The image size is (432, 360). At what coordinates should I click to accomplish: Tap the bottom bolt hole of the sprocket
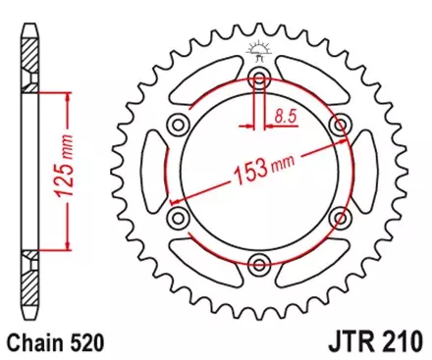(259, 260)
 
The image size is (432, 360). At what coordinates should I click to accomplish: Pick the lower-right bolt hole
(340, 216)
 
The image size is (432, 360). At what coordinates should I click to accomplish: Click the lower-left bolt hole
(178, 216)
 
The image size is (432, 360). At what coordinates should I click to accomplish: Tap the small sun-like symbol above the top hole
(259, 47)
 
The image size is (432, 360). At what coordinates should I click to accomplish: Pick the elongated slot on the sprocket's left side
(152, 170)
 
